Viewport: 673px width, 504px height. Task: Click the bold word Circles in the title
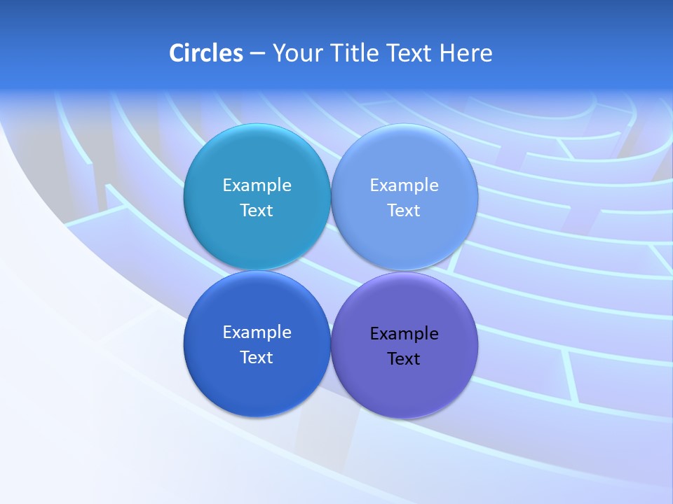coord(206,53)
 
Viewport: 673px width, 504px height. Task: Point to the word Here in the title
coord(466,53)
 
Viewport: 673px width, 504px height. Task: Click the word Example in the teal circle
coord(257,185)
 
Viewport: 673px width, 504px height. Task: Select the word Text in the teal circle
coord(257,211)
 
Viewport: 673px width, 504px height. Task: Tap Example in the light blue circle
coord(404,185)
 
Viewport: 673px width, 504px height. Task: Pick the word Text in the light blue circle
coord(404,211)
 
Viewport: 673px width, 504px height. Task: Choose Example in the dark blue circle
coord(257,332)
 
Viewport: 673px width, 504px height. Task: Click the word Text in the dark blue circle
coord(257,358)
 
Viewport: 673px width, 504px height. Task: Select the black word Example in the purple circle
coord(404,334)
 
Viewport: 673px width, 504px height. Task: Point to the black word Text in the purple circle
coord(404,359)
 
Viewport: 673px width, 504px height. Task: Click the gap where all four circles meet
coord(330,271)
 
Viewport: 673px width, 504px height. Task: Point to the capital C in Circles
coord(176,53)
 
